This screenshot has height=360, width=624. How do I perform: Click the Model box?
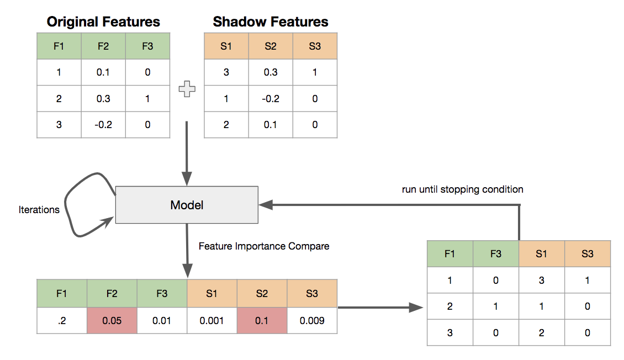[x=187, y=205]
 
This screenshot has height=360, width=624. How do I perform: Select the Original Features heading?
[x=103, y=22]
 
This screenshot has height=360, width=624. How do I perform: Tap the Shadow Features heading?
[x=271, y=22]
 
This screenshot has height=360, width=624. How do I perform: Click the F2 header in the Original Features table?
[x=103, y=46]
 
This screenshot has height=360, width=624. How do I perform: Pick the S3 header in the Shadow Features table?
[x=315, y=46]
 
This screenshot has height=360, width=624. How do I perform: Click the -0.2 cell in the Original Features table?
[x=103, y=125]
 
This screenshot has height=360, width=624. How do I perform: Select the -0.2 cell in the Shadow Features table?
[x=271, y=99]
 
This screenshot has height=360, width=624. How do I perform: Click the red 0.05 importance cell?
[x=112, y=320]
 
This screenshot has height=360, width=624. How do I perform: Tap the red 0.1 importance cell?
[x=262, y=320]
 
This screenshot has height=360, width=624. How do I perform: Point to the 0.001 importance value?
[x=212, y=320]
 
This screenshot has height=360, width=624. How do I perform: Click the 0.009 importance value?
[x=312, y=320]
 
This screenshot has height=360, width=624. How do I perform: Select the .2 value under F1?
[x=62, y=320]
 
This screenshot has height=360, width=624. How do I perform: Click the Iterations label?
[x=39, y=210]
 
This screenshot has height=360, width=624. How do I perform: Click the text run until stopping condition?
[x=463, y=189]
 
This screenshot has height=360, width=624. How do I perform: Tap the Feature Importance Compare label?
[x=264, y=246]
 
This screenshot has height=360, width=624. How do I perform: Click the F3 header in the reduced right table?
[x=496, y=254]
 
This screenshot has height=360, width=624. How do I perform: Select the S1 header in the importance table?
[x=212, y=294]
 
